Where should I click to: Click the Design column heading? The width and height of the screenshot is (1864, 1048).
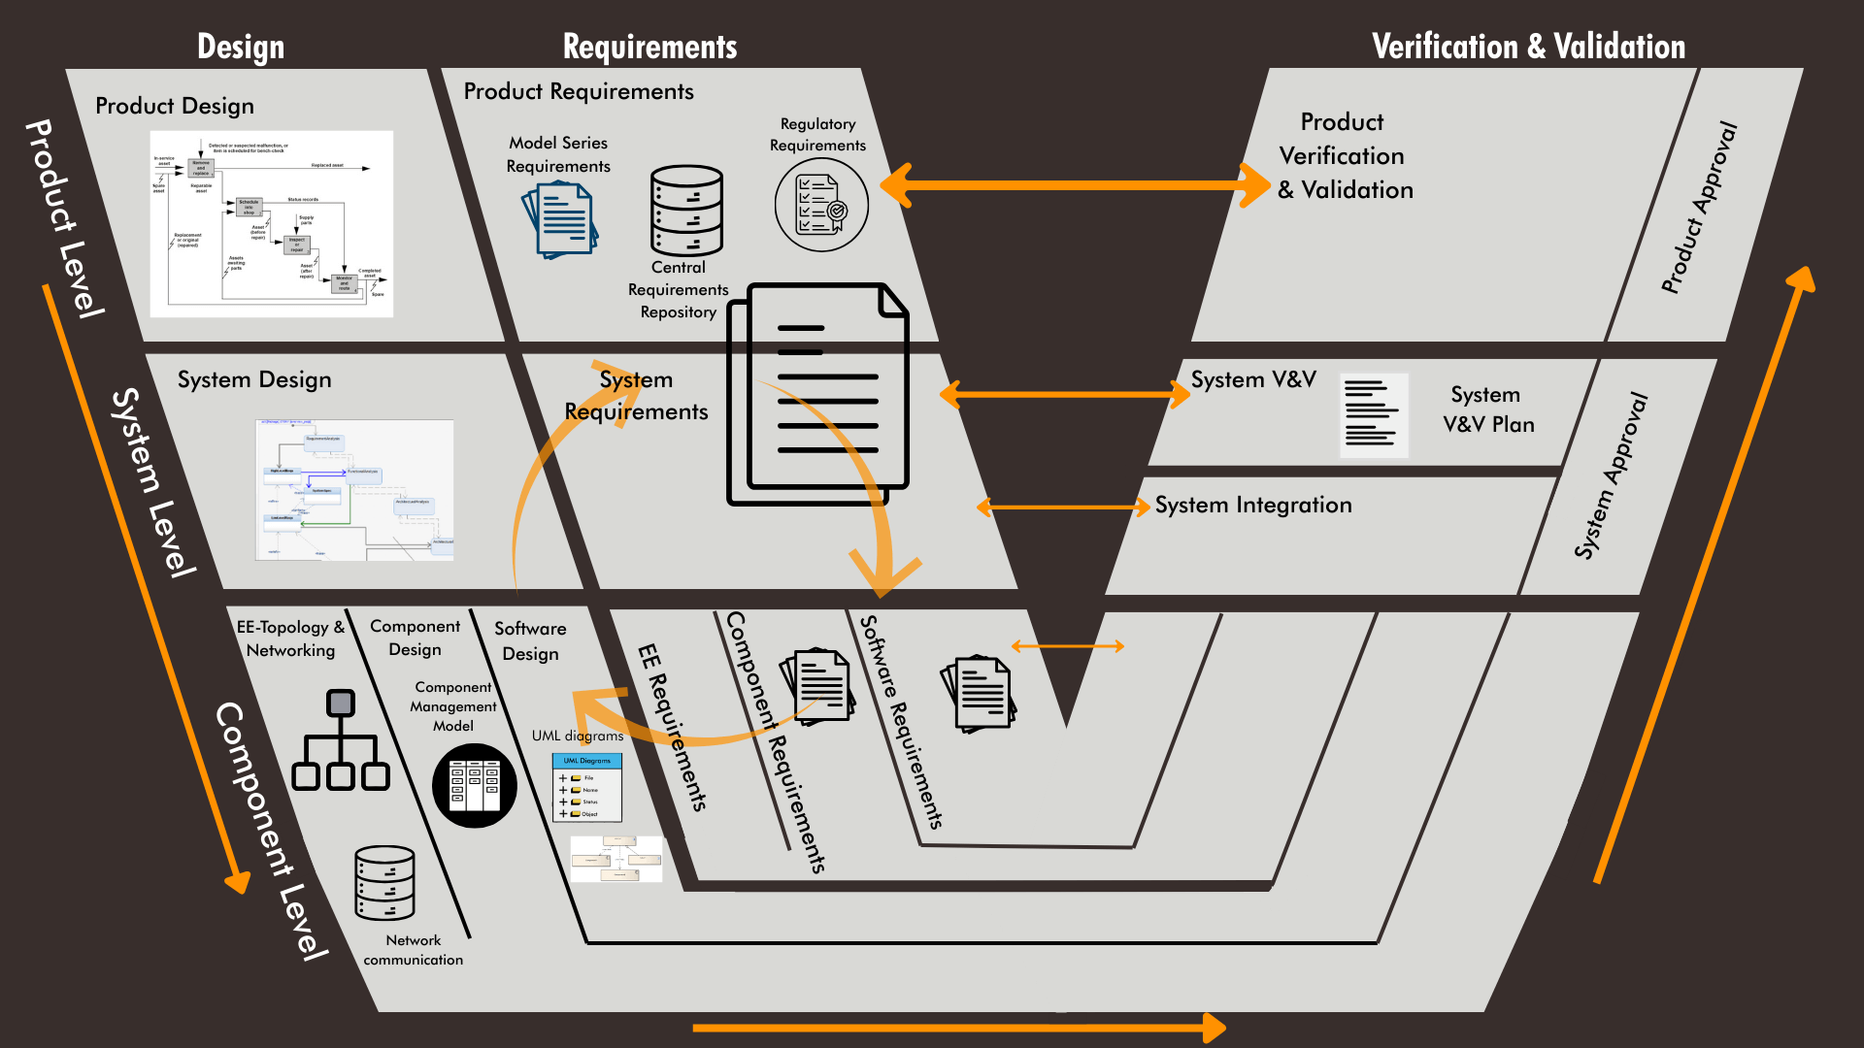(x=241, y=47)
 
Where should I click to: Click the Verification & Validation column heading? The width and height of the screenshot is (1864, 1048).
(x=1528, y=47)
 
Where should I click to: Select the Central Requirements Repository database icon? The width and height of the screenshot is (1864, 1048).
(x=686, y=211)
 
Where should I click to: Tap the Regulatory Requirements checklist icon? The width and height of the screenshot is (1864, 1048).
(x=821, y=205)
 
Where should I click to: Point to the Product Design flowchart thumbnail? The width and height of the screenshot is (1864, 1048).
(x=272, y=224)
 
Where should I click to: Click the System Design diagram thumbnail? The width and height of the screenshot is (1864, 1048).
(x=354, y=490)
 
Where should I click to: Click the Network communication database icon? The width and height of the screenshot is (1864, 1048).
(x=384, y=883)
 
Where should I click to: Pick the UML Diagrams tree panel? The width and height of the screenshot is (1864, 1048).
(x=587, y=788)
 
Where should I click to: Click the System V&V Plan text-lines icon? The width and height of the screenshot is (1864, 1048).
(x=1373, y=415)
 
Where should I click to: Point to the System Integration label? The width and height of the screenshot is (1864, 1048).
(x=1252, y=506)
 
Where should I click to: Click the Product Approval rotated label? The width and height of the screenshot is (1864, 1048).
(x=1698, y=208)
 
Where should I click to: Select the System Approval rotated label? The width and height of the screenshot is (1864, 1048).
(x=1611, y=475)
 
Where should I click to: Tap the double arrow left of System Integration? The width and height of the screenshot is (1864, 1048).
(x=1063, y=507)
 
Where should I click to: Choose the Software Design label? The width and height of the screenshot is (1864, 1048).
(x=530, y=641)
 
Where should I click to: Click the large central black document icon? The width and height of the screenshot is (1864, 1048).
(x=818, y=393)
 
